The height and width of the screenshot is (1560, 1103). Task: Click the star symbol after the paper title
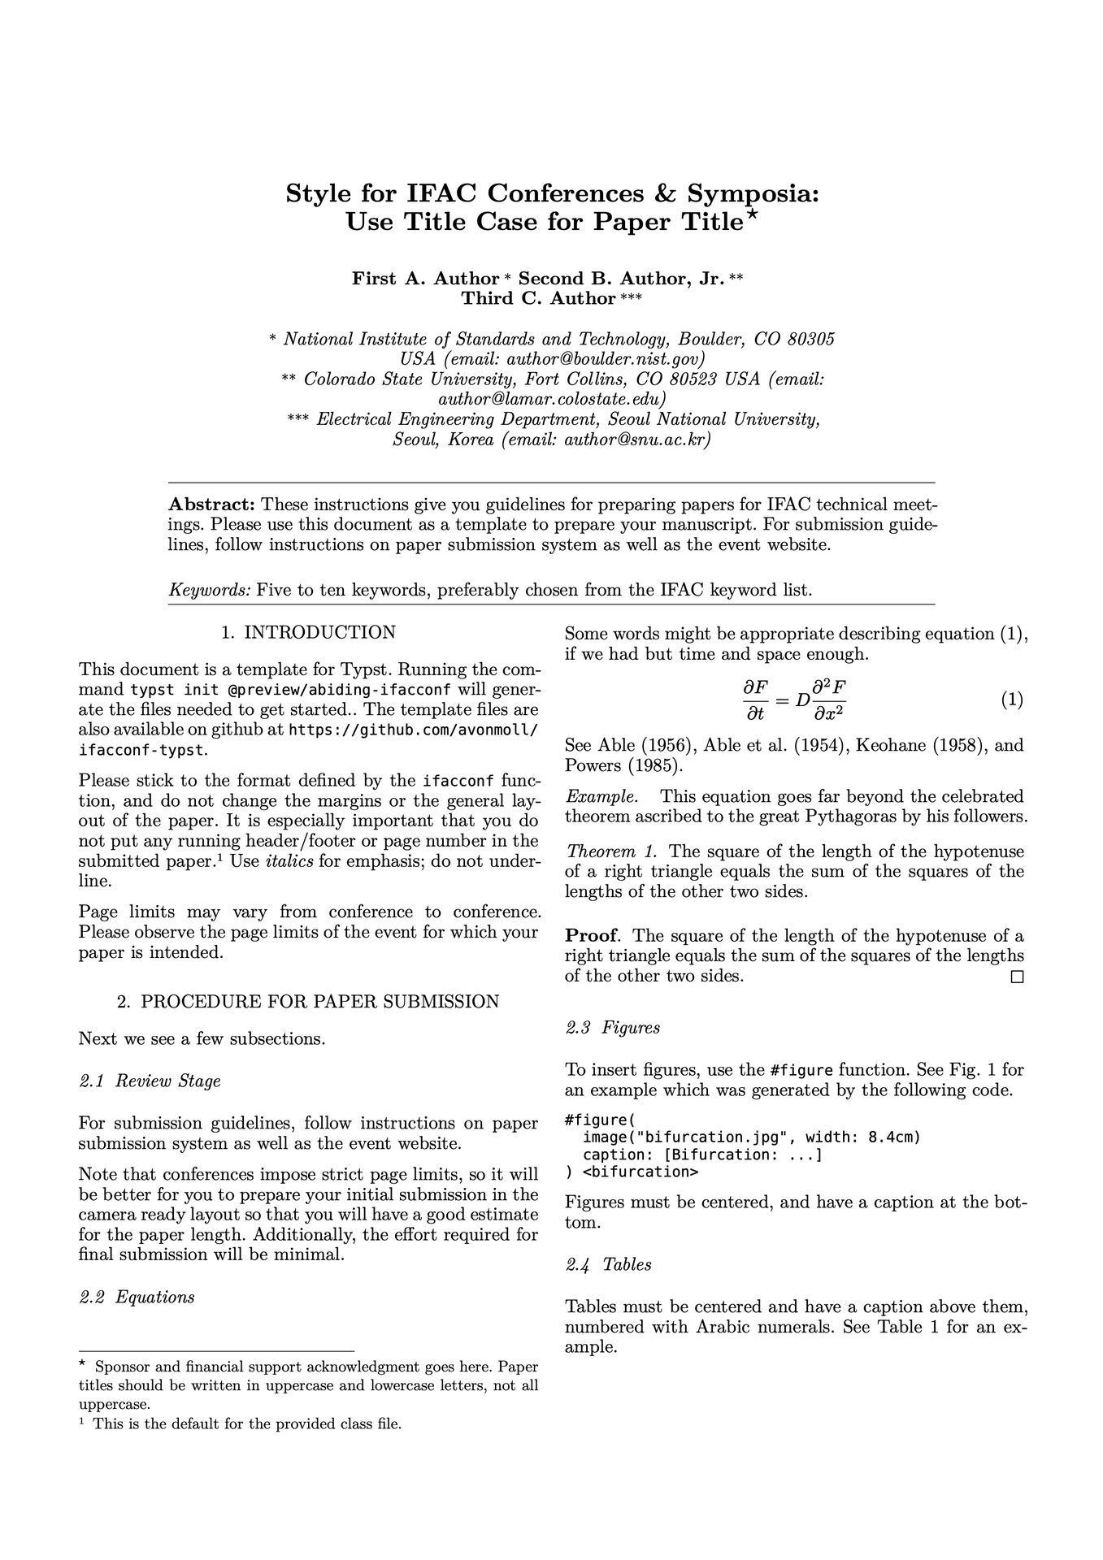pyautogui.click(x=753, y=215)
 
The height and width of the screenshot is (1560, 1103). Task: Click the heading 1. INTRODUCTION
pyautogui.click(x=308, y=632)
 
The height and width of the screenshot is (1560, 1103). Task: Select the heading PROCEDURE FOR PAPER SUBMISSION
pyautogui.click(x=319, y=1001)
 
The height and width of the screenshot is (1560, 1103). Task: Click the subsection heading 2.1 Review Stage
pyautogui.click(x=150, y=1081)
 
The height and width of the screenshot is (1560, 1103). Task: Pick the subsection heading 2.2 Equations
pyautogui.click(x=137, y=1297)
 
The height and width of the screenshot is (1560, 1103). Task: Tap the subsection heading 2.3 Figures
pyautogui.click(x=613, y=1028)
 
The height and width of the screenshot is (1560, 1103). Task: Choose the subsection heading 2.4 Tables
pyautogui.click(x=608, y=1264)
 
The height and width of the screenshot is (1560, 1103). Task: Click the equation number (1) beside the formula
pyautogui.click(x=1011, y=700)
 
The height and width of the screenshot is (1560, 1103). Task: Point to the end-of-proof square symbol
pyautogui.click(x=1016, y=977)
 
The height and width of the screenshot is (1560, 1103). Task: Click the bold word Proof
pyautogui.click(x=591, y=935)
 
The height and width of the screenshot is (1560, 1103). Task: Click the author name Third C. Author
pyautogui.click(x=538, y=298)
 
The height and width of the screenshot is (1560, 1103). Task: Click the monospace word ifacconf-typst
pyautogui.click(x=143, y=749)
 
